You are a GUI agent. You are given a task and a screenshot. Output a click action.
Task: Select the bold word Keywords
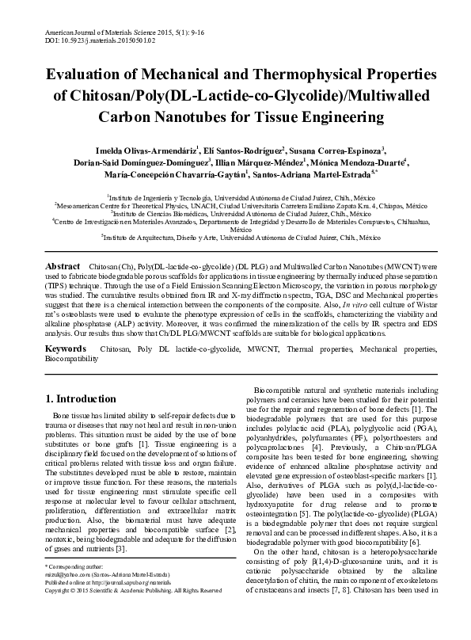coord(66,349)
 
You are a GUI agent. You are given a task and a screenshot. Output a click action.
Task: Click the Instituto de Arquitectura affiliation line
coord(235,236)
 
